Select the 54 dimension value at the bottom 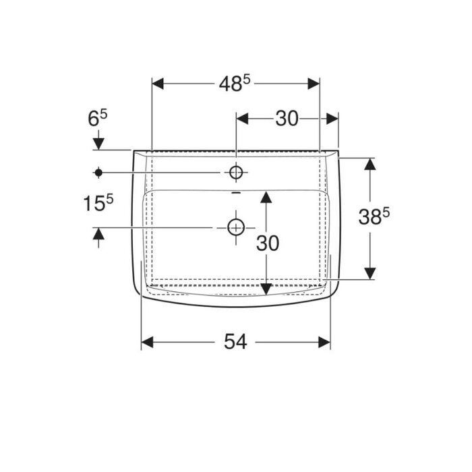click(235, 342)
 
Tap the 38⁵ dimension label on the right click(374, 216)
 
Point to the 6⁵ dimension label click(98, 118)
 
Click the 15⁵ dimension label click(98, 202)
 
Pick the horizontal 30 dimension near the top click(287, 118)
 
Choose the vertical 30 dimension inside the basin click(268, 243)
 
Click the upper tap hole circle click(236, 172)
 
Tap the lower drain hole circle click(236, 228)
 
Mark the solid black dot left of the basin click(98, 173)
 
